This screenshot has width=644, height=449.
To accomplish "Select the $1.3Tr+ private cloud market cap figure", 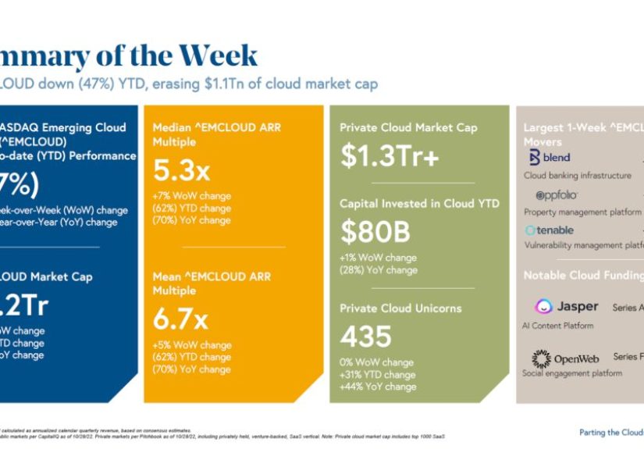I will tap(390, 156).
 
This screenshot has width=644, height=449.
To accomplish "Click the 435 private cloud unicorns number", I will tap(365, 337).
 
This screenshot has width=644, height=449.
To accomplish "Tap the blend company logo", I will tap(550, 158).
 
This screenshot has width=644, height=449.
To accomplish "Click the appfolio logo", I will tap(556, 195).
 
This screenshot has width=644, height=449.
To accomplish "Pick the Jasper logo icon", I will tap(544, 307).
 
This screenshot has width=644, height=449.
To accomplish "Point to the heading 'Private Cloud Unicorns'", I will tap(400, 308).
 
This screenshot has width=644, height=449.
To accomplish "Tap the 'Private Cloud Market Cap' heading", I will tap(408, 127).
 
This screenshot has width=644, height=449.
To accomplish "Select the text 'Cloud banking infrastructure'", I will tap(577, 176).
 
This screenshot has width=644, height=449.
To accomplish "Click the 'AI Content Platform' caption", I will tap(557, 326).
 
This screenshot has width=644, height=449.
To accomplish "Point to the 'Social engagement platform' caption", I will tap(572, 373).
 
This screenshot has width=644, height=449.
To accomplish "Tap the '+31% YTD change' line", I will tap(378, 375).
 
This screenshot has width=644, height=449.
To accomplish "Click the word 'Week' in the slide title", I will tap(218, 56).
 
